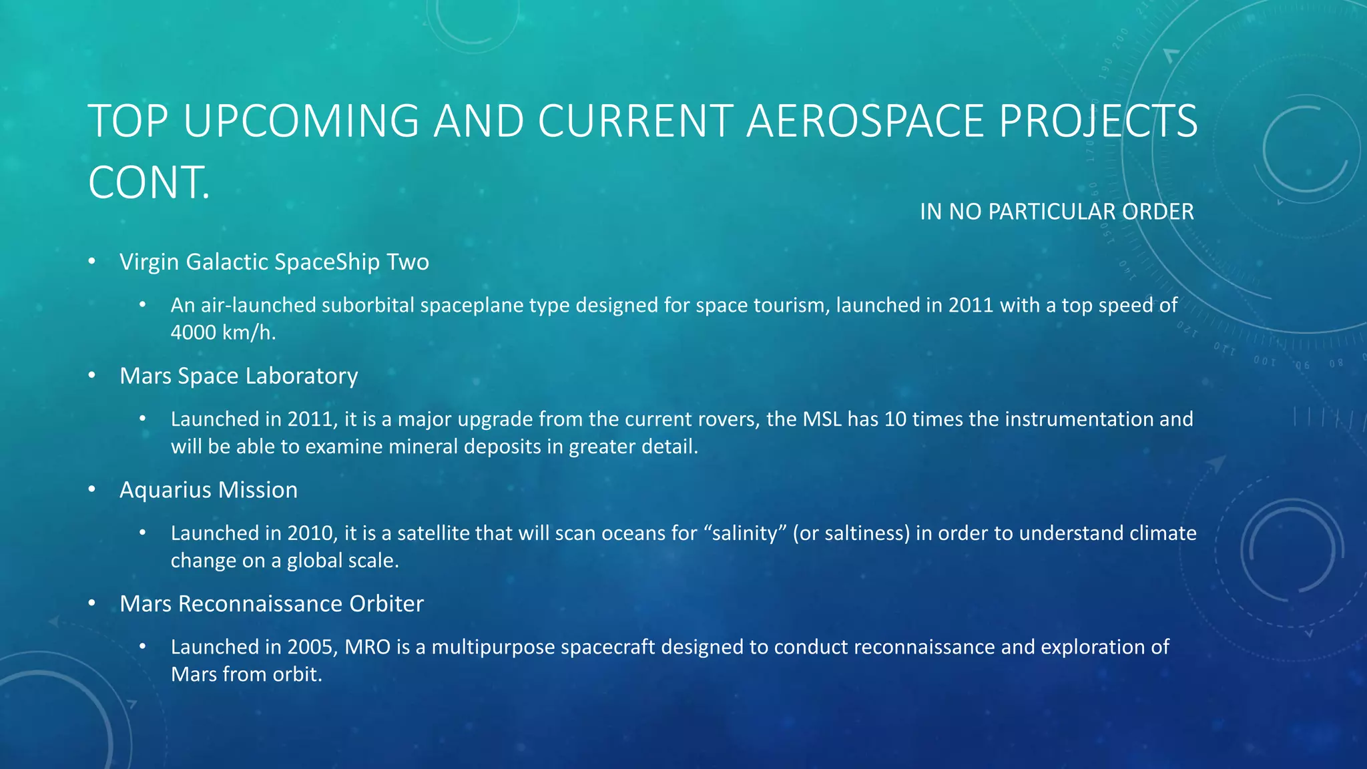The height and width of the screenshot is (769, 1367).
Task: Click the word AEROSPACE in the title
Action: (864, 121)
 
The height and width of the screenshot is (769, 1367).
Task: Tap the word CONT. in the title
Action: (149, 183)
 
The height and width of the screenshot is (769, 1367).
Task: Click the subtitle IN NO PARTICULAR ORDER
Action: (1056, 212)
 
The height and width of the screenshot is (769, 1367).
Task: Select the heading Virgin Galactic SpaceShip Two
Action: (274, 262)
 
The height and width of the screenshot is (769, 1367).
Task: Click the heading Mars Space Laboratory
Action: (238, 376)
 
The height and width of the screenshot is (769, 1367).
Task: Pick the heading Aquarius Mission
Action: (208, 490)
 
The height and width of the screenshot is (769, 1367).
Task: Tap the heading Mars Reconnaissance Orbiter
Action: (271, 603)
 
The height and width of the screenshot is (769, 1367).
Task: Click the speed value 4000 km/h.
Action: (223, 332)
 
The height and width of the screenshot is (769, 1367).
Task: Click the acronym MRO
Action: (367, 647)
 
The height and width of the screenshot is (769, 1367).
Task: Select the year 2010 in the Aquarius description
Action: (310, 533)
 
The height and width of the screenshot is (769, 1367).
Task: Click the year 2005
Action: (310, 647)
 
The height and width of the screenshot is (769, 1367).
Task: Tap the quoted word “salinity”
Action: (744, 533)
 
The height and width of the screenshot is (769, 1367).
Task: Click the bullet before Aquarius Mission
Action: (92, 490)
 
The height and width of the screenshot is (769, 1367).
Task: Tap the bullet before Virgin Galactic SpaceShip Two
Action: (92, 262)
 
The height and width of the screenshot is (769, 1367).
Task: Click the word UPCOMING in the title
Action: (300, 121)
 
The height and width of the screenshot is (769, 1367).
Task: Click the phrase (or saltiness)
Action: (851, 533)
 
